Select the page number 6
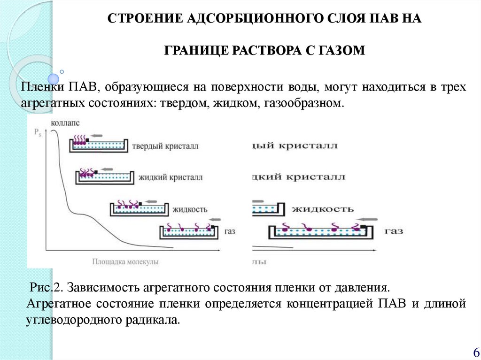(475, 352)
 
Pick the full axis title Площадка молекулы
(125, 261)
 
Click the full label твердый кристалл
(165, 146)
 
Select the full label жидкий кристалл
(170, 178)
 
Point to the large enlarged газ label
(393, 231)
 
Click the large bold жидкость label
(323, 209)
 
